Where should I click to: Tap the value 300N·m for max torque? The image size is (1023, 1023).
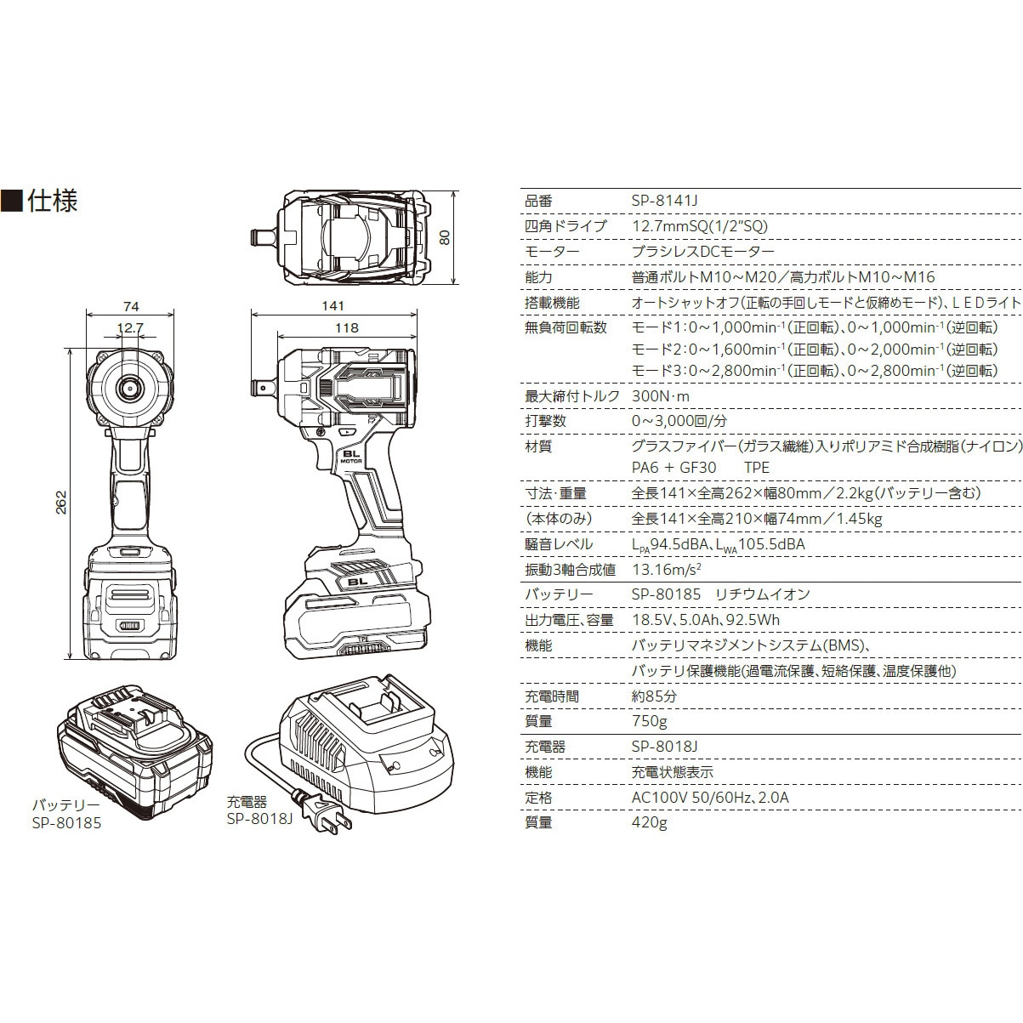(x=661, y=395)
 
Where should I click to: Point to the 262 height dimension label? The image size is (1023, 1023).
(x=60, y=503)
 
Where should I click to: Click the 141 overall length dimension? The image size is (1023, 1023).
(x=333, y=306)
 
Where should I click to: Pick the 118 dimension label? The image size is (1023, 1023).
(x=348, y=327)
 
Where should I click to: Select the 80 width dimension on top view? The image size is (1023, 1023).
(x=443, y=237)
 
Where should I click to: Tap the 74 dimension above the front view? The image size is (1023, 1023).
(x=130, y=306)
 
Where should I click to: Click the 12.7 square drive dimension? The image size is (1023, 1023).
(x=130, y=327)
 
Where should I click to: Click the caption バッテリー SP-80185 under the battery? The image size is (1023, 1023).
(x=66, y=814)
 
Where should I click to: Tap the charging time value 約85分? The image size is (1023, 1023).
(x=654, y=696)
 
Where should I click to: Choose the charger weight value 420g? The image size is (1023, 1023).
(x=649, y=822)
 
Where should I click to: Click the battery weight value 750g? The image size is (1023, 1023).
(x=649, y=721)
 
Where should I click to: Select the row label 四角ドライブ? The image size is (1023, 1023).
(x=565, y=226)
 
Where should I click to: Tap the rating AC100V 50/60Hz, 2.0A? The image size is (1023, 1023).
(x=710, y=798)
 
